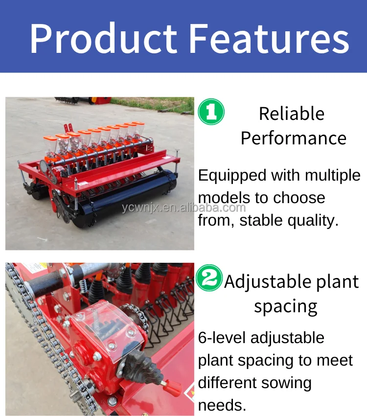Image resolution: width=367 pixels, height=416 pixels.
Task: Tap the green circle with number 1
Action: [211, 112]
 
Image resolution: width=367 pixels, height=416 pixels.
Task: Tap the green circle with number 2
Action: [209, 278]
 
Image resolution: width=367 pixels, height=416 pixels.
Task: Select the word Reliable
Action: [292, 114]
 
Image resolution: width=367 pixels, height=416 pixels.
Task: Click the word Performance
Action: [293, 138]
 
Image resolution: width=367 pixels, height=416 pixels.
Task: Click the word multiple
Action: [333, 175]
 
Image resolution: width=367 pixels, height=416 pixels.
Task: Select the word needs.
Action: [221, 405]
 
